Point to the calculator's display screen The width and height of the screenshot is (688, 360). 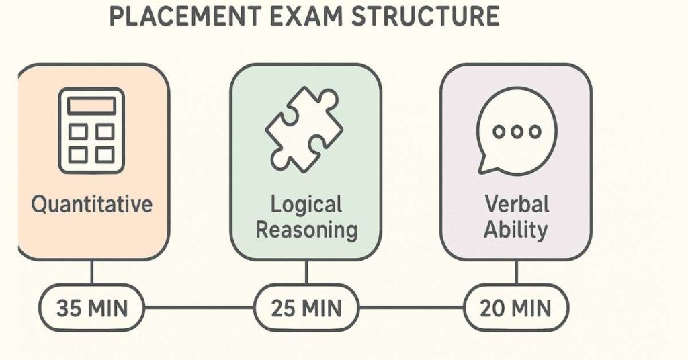[91, 106]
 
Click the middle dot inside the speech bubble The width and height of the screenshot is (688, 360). [517, 131]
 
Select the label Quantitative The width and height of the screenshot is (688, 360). [92, 204]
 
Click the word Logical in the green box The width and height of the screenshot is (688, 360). [306, 204]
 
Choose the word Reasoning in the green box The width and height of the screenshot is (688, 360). [306, 230]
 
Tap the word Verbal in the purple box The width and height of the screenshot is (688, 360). [516, 204]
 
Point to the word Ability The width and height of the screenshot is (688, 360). [516, 230]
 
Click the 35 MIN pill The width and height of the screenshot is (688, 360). [91, 308]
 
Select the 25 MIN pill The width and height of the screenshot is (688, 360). [306, 308]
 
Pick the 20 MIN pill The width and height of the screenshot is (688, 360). [516, 308]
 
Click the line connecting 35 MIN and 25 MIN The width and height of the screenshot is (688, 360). [199, 308]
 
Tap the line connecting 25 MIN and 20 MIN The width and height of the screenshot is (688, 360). [411, 308]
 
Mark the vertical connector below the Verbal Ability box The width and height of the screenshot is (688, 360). [516, 273]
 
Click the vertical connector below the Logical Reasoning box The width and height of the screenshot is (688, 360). [306, 273]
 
